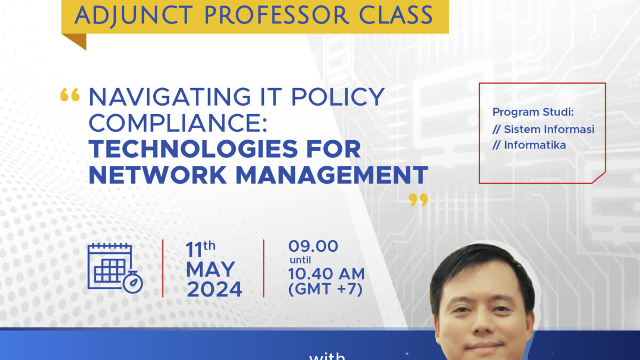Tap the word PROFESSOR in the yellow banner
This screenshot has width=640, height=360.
[x=277, y=15]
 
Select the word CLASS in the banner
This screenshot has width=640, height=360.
[x=396, y=15]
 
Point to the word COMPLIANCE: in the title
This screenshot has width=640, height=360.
[x=178, y=123]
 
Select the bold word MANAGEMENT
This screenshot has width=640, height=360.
[x=332, y=174]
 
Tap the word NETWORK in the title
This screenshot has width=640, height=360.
[x=158, y=174]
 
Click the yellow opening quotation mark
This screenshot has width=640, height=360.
[x=70, y=95]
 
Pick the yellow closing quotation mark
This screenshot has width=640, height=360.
[x=418, y=200]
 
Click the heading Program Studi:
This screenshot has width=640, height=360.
[x=533, y=112]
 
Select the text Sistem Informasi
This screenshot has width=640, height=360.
[x=549, y=129]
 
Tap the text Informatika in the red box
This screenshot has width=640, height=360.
[x=535, y=145]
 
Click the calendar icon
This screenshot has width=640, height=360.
[x=110, y=267]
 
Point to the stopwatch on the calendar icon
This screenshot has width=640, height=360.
[x=133, y=282]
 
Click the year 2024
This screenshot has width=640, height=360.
[x=214, y=290]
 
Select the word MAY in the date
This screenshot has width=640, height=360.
[x=211, y=269]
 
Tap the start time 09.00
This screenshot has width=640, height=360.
[x=313, y=246]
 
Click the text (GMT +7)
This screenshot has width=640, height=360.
[x=325, y=289]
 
